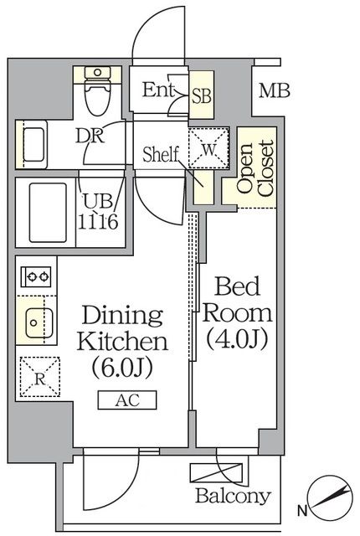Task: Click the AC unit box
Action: tap(127, 400)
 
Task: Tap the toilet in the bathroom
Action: tap(98, 90)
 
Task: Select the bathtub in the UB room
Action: tap(48, 213)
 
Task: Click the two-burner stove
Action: tap(36, 276)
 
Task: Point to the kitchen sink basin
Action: tap(39, 322)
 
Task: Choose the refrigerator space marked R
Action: tap(40, 377)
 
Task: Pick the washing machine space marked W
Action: tap(208, 148)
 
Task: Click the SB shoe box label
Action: tap(202, 95)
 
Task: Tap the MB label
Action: tap(275, 91)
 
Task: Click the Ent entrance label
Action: tap(158, 90)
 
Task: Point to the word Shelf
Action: tap(161, 154)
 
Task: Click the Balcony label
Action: tap(234, 495)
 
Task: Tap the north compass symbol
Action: tap(329, 497)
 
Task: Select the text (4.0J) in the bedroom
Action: tap(237, 339)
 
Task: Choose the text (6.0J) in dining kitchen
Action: tap(122, 368)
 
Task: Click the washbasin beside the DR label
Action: tap(32, 144)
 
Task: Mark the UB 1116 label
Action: tap(98, 212)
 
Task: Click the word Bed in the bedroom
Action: tap(237, 286)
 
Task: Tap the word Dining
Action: tap(122, 317)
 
